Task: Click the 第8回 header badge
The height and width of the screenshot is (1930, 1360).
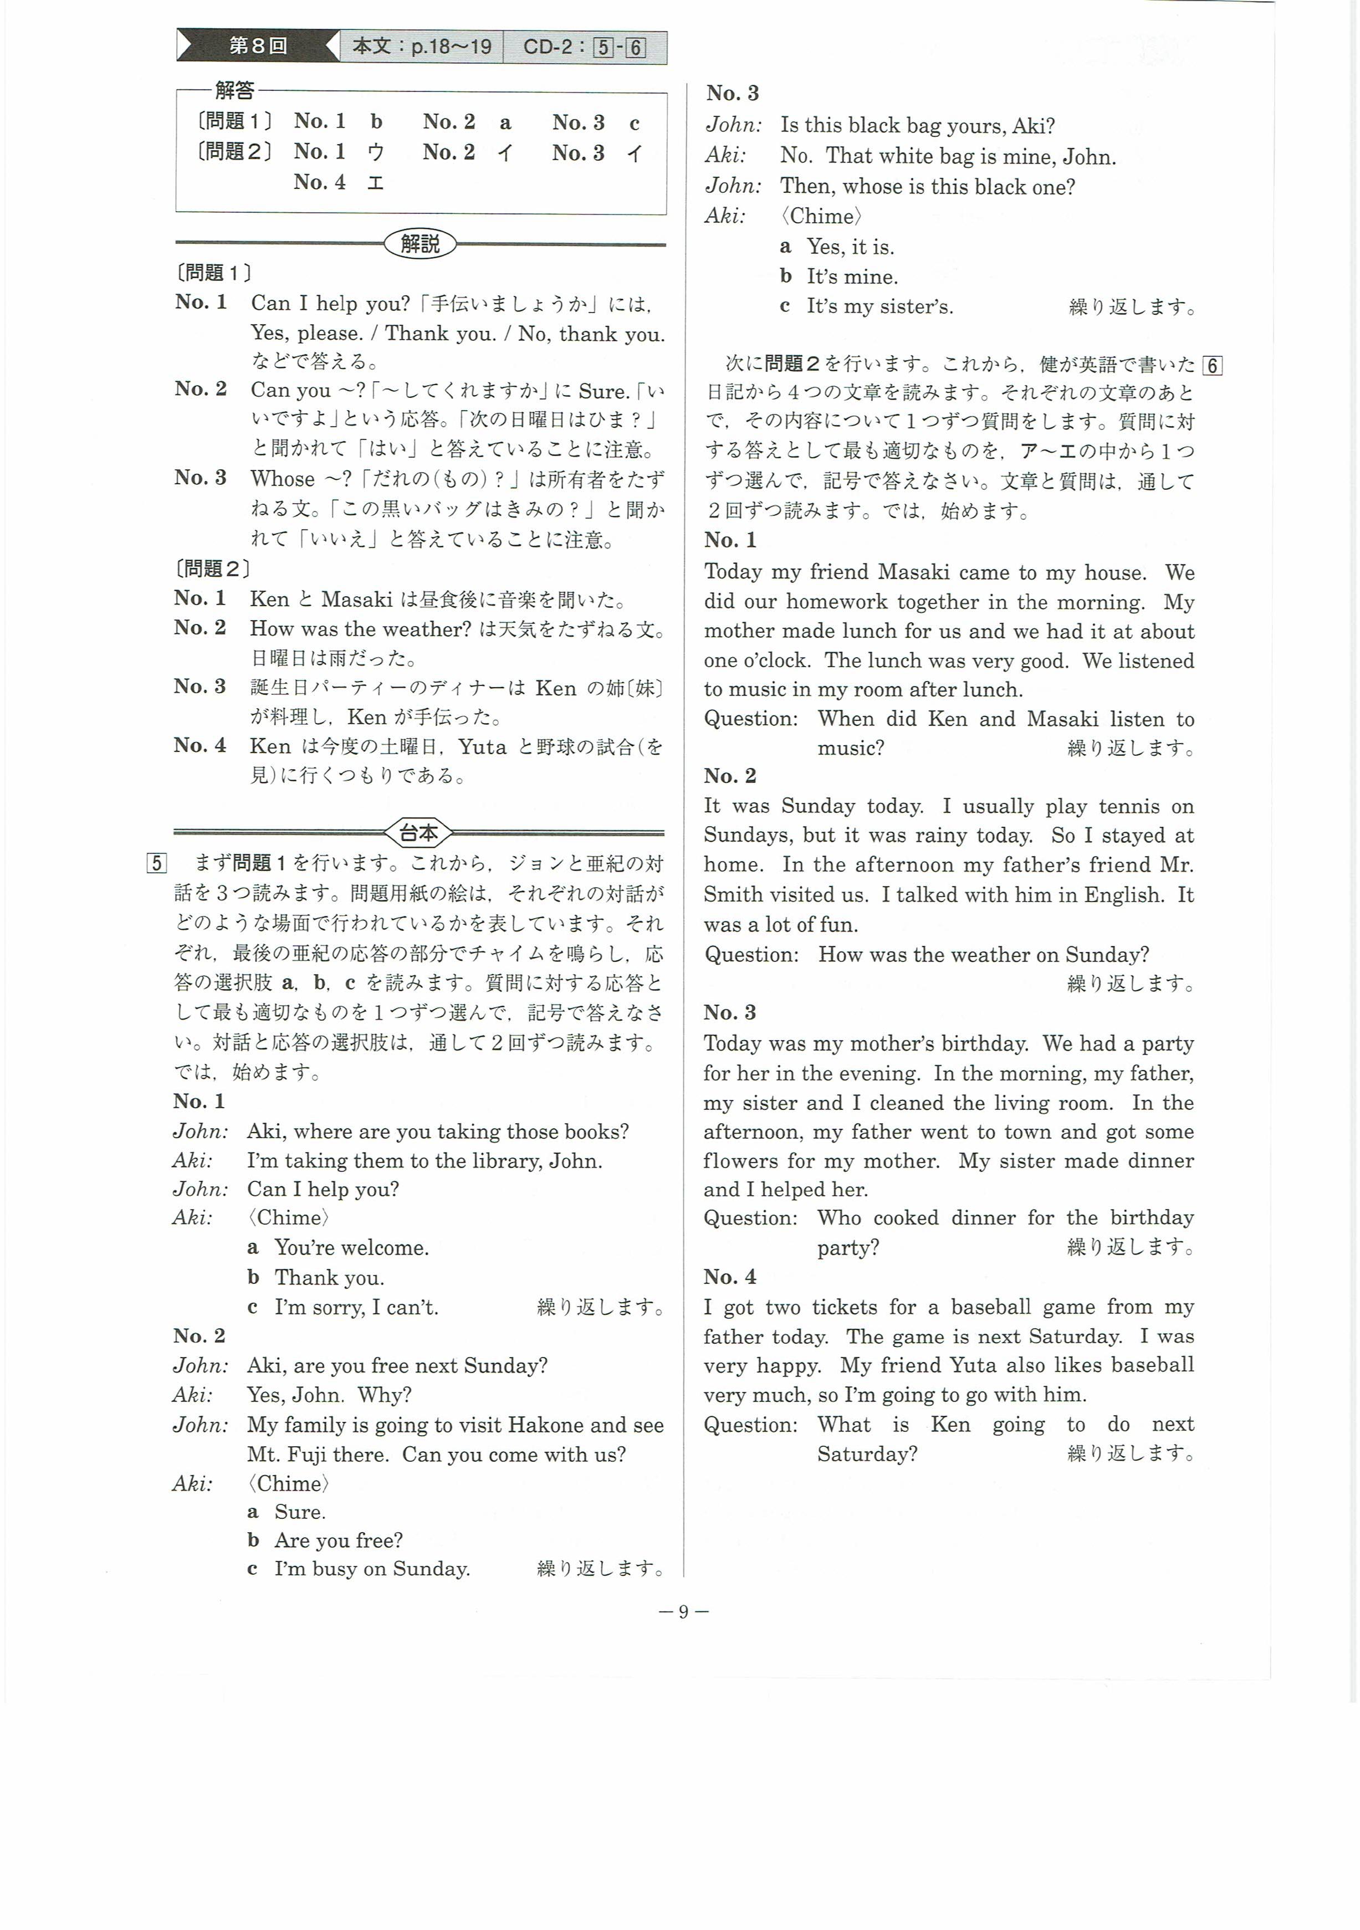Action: click(257, 46)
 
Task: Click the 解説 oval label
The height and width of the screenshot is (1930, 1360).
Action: click(420, 244)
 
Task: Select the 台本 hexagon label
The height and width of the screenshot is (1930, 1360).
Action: click(418, 833)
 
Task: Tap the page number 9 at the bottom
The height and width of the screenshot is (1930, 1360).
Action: click(683, 1611)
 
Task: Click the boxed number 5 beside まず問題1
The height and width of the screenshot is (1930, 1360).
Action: click(156, 863)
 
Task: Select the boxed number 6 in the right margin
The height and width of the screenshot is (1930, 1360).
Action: click(1212, 366)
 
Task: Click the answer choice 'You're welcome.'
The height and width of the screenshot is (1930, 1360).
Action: click(351, 1247)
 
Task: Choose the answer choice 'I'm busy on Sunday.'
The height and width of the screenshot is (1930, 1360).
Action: click(371, 1569)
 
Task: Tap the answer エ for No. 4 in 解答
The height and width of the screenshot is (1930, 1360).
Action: click(375, 182)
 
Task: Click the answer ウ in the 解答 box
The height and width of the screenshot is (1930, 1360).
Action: click(376, 152)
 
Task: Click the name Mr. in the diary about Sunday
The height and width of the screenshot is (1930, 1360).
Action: click(1177, 865)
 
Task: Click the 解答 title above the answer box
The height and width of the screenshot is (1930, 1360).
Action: click(234, 90)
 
